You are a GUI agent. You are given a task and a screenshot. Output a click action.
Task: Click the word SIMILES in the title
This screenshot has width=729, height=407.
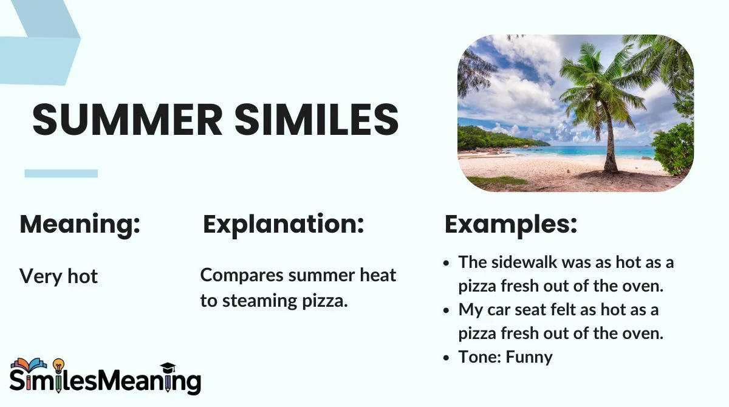[317, 119]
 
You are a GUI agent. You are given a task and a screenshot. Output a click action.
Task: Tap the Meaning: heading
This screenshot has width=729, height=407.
[80, 225]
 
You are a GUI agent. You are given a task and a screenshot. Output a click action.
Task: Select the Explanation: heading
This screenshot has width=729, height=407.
[283, 225]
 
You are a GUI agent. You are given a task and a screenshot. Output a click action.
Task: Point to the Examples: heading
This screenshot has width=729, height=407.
[511, 225]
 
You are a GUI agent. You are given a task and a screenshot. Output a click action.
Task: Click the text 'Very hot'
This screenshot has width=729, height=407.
[58, 276]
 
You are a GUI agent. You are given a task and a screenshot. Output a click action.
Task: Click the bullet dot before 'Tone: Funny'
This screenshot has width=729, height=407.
[447, 357]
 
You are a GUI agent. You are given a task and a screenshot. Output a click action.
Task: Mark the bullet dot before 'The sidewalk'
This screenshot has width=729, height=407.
[447, 263]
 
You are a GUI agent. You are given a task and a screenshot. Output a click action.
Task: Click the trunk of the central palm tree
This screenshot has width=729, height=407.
[609, 146]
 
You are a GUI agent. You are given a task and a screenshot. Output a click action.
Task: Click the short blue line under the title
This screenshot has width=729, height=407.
[61, 173]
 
